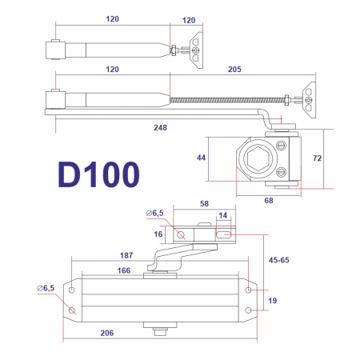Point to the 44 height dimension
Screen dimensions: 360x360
click(202, 159)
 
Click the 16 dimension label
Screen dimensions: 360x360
click(158, 234)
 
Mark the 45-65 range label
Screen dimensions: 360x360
click(280, 260)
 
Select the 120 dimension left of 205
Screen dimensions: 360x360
click(112, 70)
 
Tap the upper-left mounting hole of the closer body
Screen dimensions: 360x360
click(72, 290)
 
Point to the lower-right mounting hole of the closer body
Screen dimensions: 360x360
click(248, 310)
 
